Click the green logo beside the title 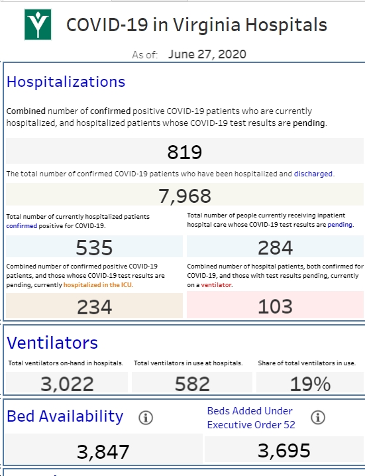coord(38,25)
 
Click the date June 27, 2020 coord(207,54)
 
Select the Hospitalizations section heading coord(66,82)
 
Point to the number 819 coord(184,152)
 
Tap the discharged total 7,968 coord(184,196)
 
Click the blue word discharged coord(313,174)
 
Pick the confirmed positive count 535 coord(94,247)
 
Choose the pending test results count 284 coord(275,247)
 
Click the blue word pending coord(340,225)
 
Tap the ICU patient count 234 coord(94,307)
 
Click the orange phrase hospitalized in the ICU coord(97,285)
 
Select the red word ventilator coord(216,285)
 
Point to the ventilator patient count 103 coord(275,306)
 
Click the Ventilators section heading coord(52,343)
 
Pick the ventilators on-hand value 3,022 coord(67,384)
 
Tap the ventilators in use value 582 coord(192,384)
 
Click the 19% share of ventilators coord(310,384)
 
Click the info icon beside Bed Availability coord(146,418)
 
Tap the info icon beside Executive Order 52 coord(318,417)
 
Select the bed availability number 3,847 coord(103,451)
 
